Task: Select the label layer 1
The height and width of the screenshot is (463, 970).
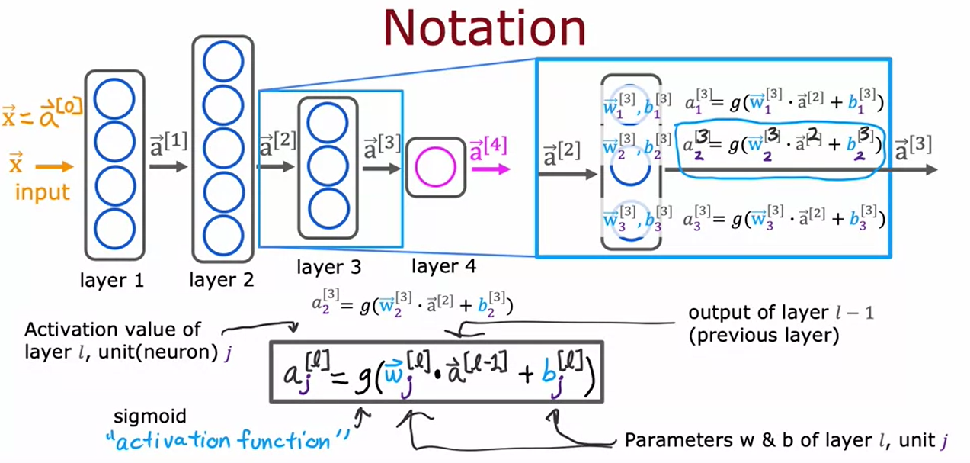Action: [x=112, y=280]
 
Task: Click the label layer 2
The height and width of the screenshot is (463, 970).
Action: [x=222, y=280]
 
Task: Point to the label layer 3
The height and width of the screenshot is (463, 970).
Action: [x=329, y=268]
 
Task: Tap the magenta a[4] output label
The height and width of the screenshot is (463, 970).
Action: [x=488, y=146]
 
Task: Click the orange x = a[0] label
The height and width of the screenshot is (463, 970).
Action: [x=41, y=117]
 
